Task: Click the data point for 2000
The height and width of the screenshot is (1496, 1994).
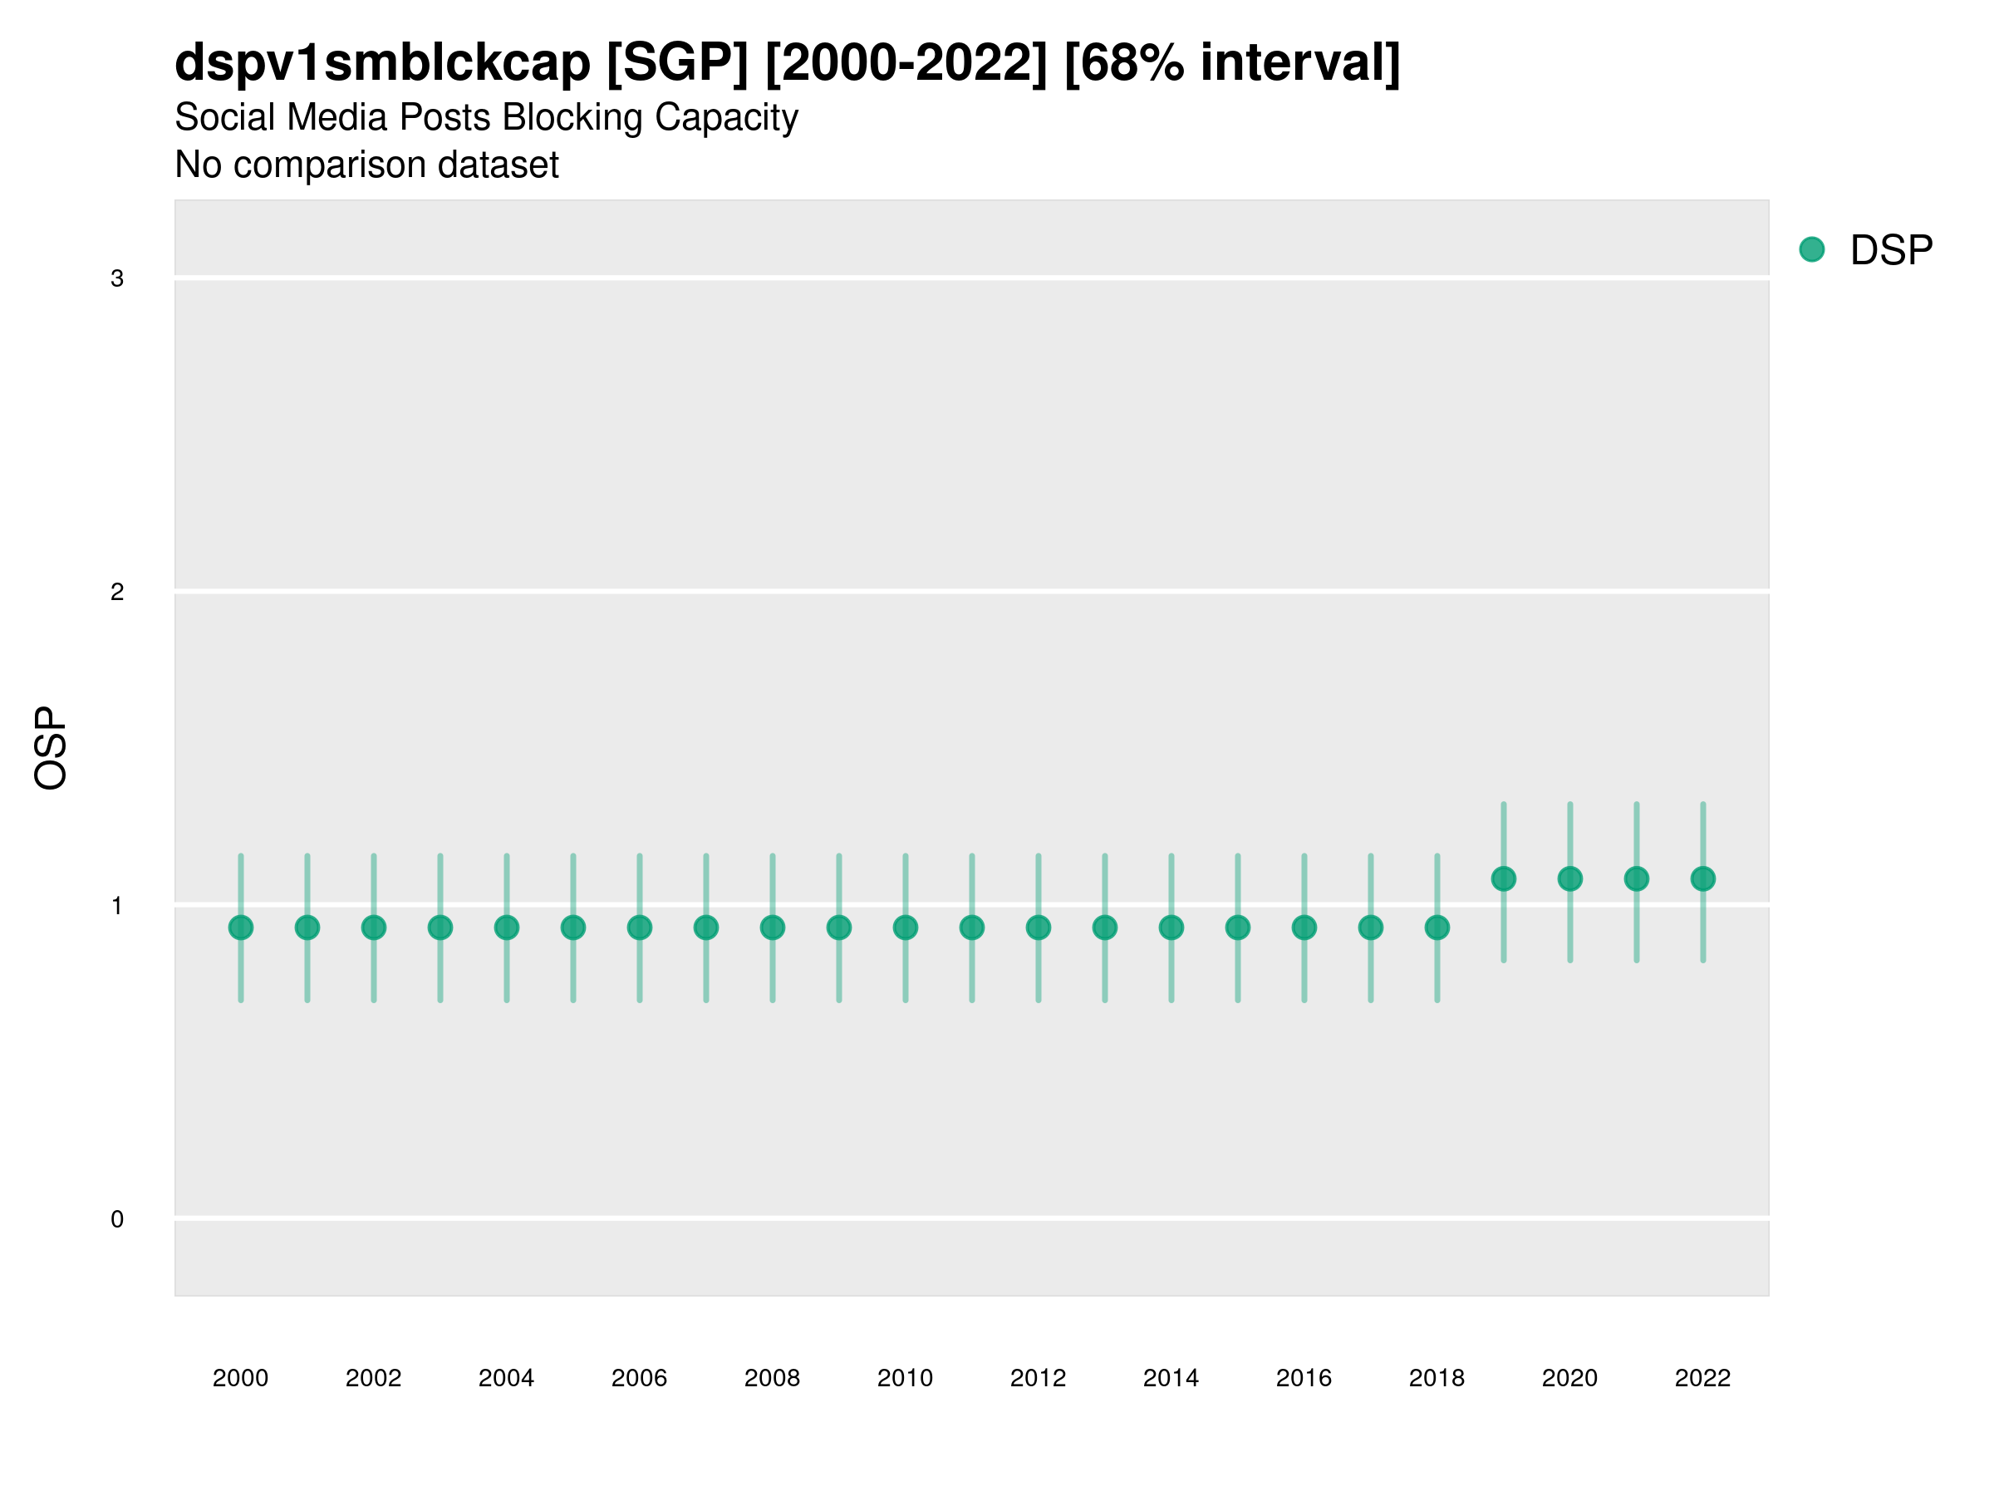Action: (241, 927)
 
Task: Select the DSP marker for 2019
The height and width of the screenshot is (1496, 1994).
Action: (1504, 878)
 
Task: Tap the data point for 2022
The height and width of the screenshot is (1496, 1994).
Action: (1703, 878)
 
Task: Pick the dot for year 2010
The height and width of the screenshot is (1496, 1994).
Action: (905, 927)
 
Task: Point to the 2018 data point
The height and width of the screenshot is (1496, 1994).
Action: (1437, 927)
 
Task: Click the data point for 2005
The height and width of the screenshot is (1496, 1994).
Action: (573, 927)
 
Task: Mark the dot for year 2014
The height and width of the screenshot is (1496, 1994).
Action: (1171, 927)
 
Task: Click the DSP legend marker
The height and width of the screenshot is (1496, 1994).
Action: (1812, 250)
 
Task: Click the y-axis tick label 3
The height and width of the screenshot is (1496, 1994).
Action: (117, 278)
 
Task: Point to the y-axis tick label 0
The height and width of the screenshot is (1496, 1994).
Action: (117, 1219)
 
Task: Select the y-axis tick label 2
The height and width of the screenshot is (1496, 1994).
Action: (117, 593)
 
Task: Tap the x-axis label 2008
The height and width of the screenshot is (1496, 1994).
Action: (773, 1378)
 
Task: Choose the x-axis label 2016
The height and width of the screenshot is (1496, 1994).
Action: (1304, 1378)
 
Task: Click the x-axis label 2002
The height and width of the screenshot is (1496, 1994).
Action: (373, 1378)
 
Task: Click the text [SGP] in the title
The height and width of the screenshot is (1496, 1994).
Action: (677, 63)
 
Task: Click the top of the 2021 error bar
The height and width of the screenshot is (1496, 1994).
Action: (1636, 805)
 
